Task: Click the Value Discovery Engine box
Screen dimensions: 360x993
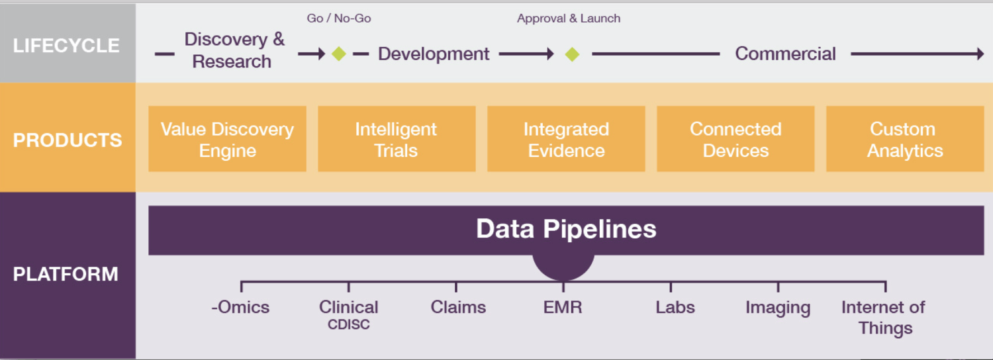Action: pos(227,139)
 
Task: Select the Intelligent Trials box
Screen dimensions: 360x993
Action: pos(397,139)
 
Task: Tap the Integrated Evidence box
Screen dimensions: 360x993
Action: pos(566,139)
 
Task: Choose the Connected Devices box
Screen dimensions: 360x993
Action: pos(735,139)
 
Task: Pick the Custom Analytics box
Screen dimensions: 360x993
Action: pos(905,139)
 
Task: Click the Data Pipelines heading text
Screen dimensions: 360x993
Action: pos(566,229)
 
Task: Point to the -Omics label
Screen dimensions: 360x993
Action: pos(240,307)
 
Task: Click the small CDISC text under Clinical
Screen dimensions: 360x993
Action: pos(348,325)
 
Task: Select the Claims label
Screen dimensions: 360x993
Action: pos(458,307)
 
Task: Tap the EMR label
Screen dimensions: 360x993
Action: pos(563,307)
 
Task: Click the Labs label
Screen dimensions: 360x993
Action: pos(675,307)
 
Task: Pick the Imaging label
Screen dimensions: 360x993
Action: pos(778,308)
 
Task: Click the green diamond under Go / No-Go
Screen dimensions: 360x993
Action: pos(339,54)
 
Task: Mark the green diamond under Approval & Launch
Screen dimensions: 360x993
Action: pos(573,54)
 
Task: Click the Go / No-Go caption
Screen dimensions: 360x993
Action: pos(339,19)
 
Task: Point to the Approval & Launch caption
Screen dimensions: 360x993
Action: pos(569,19)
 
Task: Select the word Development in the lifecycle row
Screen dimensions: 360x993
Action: pos(434,54)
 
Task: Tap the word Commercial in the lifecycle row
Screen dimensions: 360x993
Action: pos(785,54)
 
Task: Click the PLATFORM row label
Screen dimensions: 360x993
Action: pos(66,274)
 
